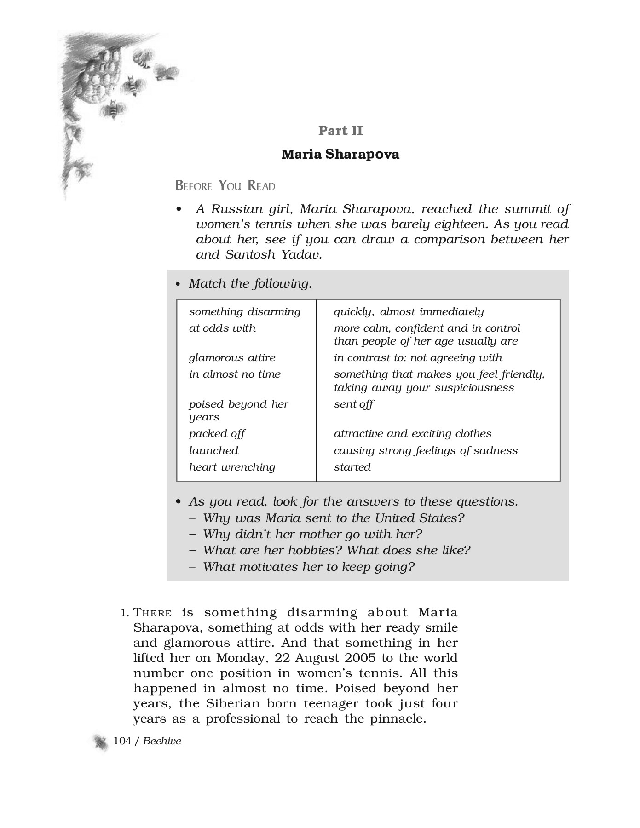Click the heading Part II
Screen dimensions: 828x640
[340, 131]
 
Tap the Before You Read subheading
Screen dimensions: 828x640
[225, 186]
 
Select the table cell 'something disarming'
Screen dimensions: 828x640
[244, 311]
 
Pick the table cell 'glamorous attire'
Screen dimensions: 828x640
[232, 357]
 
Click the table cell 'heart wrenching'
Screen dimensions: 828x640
[232, 467]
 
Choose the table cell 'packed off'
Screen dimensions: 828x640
[217, 433]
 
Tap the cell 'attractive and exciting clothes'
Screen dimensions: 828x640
[412, 433]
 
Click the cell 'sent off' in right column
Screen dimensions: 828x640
[353, 404]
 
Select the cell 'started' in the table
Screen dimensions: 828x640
[352, 467]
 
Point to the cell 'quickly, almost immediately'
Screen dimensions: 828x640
[409, 311]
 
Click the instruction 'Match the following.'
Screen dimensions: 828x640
[250, 283]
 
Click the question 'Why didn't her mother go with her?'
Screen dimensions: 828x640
[312, 534]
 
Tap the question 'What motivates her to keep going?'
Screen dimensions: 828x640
[308, 566]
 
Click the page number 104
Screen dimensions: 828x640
[122, 741]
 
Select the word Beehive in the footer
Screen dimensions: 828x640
[162, 741]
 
